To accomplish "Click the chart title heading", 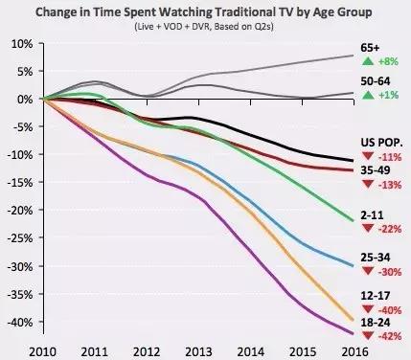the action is (204, 12).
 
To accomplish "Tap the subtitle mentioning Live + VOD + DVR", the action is (204, 26).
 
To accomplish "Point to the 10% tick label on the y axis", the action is (22, 44).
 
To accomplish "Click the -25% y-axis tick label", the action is (20, 238).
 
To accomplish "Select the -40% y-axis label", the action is (20, 322).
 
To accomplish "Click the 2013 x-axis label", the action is (198, 352).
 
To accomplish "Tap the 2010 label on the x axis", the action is (43, 352).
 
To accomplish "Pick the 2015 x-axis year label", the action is (303, 352).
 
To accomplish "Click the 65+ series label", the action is (371, 48).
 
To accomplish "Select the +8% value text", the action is (389, 61).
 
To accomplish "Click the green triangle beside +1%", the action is (368, 95).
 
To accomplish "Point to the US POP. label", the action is (381, 143).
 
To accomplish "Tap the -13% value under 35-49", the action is (390, 185).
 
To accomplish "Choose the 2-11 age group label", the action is (372, 215).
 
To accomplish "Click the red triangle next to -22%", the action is (368, 228).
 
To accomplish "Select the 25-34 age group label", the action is (376, 258).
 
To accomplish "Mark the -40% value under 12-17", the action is (390, 310).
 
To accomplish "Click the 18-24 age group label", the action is (376, 323).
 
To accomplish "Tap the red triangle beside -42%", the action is (368, 335).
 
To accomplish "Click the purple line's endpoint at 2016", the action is (354, 334).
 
